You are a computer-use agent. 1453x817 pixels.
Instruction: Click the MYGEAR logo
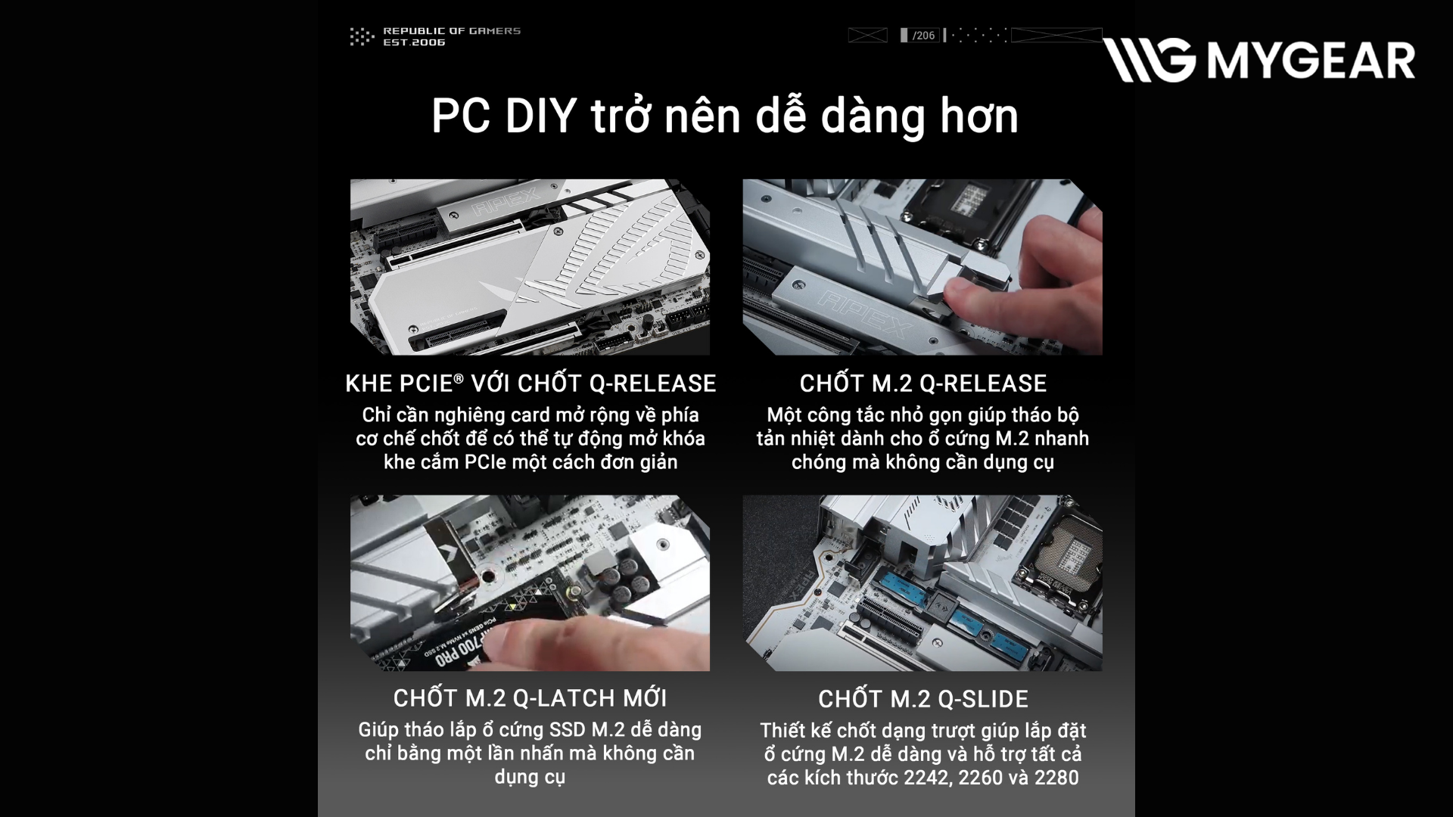click(x=1259, y=60)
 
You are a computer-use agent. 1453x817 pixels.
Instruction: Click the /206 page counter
click(x=923, y=36)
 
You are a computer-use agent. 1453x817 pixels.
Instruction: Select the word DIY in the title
click(x=540, y=116)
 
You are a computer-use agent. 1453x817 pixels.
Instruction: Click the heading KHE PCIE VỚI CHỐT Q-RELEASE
click(x=530, y=384)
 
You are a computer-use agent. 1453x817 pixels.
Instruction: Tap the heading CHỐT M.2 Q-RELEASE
click(x=923, y=384)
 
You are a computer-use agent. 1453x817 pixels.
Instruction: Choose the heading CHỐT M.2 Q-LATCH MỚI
click(x=530, y=698)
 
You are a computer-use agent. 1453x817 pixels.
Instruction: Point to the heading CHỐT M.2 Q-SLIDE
click(x=923, y=699)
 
